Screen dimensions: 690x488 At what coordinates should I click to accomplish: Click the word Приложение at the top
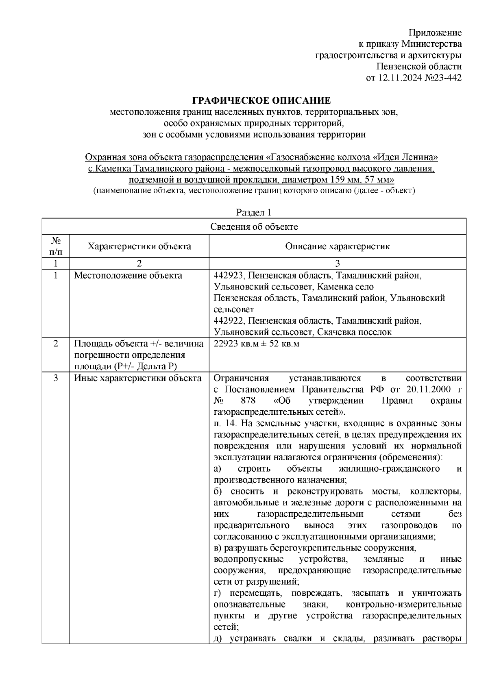435,33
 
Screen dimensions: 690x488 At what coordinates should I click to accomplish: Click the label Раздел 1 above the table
253,213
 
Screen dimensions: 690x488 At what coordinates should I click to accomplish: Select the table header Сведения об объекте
254,227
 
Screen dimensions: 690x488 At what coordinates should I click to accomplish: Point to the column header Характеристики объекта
139,246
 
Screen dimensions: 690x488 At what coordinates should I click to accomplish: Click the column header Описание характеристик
337,246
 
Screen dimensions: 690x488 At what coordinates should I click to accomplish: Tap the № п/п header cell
56,246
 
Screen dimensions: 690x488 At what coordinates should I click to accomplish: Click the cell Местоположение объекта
128,276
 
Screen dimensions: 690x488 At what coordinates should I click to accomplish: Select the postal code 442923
228,276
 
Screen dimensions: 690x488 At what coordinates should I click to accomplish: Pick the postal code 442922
228,321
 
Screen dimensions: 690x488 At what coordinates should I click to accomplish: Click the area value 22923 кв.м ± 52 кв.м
256,344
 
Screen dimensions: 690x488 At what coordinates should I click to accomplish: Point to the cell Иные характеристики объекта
137,378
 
